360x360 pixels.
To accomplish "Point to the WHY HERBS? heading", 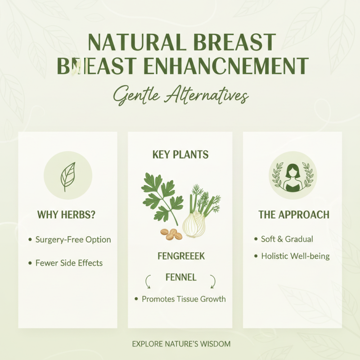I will pos(67,215).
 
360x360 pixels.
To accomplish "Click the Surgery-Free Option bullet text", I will pos(73,239).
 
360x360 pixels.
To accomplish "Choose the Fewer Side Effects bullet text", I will pos(69,263).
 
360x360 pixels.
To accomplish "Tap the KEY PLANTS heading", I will pos(180,155).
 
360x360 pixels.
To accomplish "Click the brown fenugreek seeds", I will pos(171,234).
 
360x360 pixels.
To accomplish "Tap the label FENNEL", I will pos(180,278).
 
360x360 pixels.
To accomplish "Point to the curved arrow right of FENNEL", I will pos(212,282).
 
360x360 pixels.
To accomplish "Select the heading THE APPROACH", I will pos(293,215).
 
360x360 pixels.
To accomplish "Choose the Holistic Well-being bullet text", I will pos(295,256).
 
